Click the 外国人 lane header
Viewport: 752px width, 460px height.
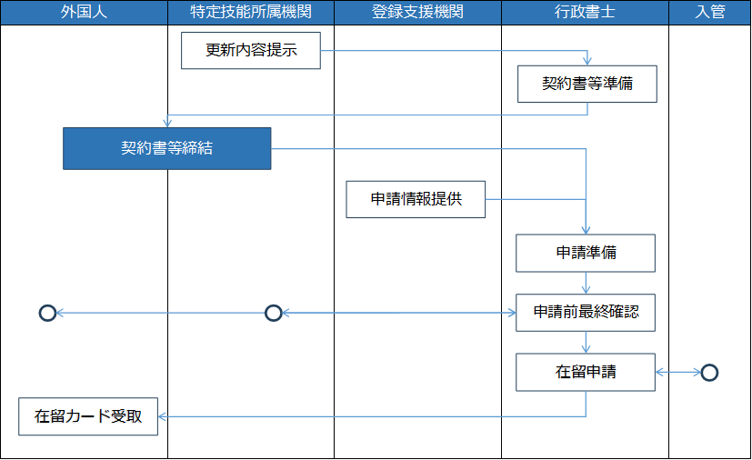point(84,12)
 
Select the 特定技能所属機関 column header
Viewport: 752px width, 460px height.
point(251,12)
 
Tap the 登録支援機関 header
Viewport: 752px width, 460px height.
point(417,12)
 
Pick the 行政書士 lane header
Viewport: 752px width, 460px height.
point(585,12)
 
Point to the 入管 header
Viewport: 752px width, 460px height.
point(710,12)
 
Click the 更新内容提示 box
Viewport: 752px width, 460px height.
point(251,50)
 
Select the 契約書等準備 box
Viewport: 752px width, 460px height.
point(587,84)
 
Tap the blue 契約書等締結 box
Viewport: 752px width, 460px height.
point(167,149)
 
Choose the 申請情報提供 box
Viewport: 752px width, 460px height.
point(416,199)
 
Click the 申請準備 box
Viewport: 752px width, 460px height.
point(586,254)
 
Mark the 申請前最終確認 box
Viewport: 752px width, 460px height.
point(586,313)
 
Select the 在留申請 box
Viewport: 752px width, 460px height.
point(586,372)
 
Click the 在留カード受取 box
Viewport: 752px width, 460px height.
point(88,416)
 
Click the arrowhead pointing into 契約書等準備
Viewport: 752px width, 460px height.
point(587,62)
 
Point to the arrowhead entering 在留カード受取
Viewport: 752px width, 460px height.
point(163,416)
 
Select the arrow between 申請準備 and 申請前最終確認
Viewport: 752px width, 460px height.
point(586,283)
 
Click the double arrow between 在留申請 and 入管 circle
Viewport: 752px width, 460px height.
point(678,372)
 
